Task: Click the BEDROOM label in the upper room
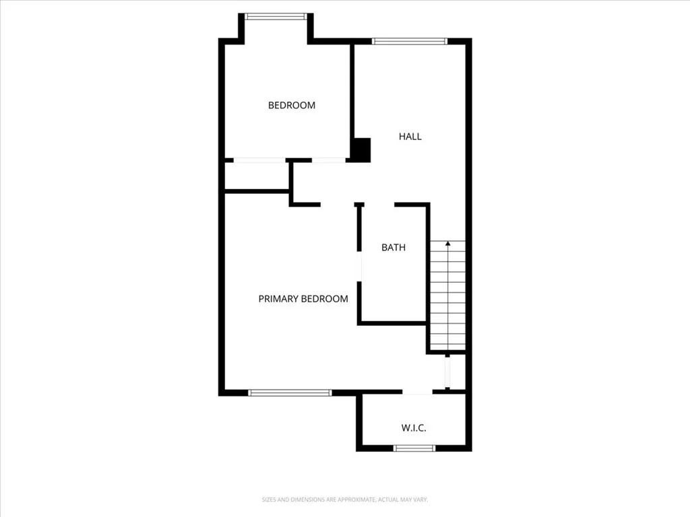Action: pos(291,105)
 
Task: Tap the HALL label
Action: pos(410,136)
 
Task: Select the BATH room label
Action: pos(394,248)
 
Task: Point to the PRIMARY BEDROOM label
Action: pos(303,299)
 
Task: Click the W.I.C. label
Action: pos(414,427)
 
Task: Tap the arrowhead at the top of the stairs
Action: pos(448,243)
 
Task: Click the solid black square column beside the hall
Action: pos(362,150)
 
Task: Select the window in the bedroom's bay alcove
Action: pos(276,17)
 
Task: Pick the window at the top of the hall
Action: pos(409,41)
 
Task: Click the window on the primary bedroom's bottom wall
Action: pos(290,392)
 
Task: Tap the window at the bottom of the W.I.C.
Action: pos(414,448)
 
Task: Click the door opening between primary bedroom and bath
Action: pos(360,267)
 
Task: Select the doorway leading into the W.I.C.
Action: pos(417,392)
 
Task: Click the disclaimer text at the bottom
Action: pos(344,499)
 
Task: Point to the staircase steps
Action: pos(447,296)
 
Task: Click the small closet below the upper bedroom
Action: pos(257,176)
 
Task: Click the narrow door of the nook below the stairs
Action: pos(447,372)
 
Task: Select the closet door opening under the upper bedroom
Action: pos(259,160)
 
